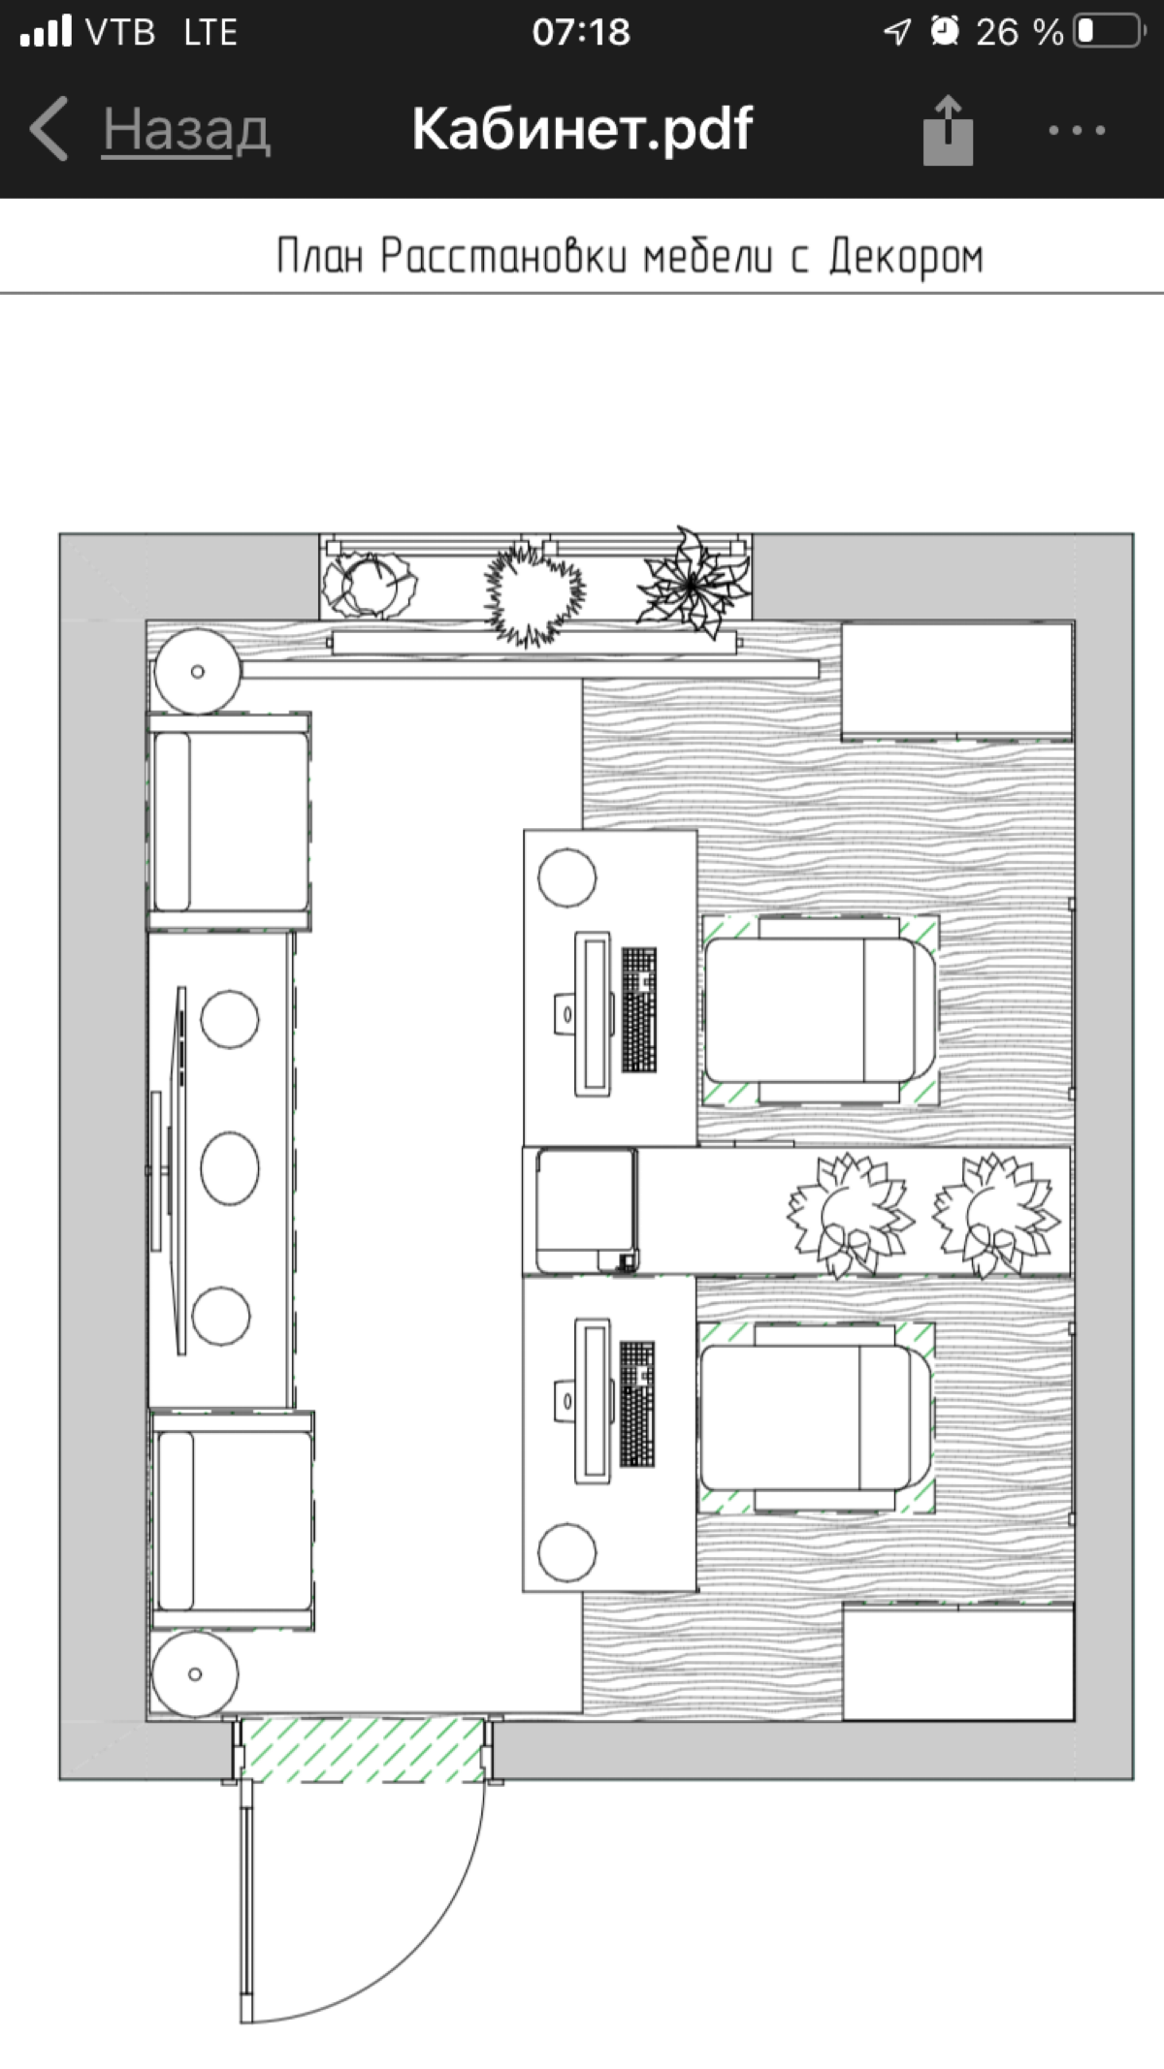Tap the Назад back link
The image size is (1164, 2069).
[186, 129]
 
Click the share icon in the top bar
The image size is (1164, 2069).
[948, 130]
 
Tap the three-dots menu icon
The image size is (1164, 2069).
[1077, 130]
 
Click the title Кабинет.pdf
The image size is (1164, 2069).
[582, 128]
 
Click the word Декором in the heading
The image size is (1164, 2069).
[906, 257]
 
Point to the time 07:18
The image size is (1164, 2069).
[581, 32]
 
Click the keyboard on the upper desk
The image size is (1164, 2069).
[638, 1008]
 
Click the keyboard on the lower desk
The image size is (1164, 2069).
[637, 1404]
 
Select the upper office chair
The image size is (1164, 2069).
[821, 1009]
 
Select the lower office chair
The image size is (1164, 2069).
[817, 1417]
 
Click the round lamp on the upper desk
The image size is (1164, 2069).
[567, 877]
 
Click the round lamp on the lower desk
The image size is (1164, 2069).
[567, 1552]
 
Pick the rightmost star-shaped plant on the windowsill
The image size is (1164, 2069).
[693, 582]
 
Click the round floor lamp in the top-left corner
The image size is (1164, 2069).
[198, 672]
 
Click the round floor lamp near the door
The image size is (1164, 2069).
[195, 1674]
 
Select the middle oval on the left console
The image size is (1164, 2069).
[230, 1168]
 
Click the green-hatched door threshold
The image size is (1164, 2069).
[363, 1750]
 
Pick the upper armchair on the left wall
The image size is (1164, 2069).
[229, 821]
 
